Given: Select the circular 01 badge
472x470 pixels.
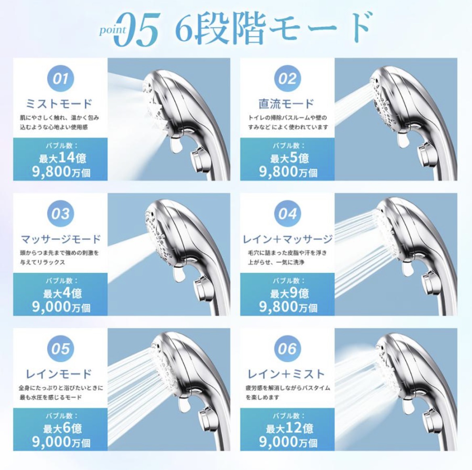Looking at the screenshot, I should [x=61, y=78].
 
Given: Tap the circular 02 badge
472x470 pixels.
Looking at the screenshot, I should [x=287, y=78].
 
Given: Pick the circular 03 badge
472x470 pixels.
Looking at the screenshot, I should [x=61, y=214].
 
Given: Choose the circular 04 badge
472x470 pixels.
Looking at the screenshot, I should [x=287, y=214].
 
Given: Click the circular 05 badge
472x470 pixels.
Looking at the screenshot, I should [x=61, y=348].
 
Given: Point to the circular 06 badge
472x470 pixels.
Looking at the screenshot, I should [x=287, y=348].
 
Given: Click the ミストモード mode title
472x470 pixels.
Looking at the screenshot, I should [x=60, y=104].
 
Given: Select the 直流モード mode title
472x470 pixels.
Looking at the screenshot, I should [x=286, y=104].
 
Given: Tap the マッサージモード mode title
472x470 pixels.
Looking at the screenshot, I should [x=61, y=239].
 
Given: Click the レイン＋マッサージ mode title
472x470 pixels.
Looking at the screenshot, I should [x=287, y=239].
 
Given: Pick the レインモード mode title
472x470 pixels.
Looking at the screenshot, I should [x=60, y=374].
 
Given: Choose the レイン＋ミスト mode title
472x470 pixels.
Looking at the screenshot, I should [x=286, y=374].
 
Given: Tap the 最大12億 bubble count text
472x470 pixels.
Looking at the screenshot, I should [x=289, y=428].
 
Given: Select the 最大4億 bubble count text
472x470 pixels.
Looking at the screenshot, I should [x=63, y=293].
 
